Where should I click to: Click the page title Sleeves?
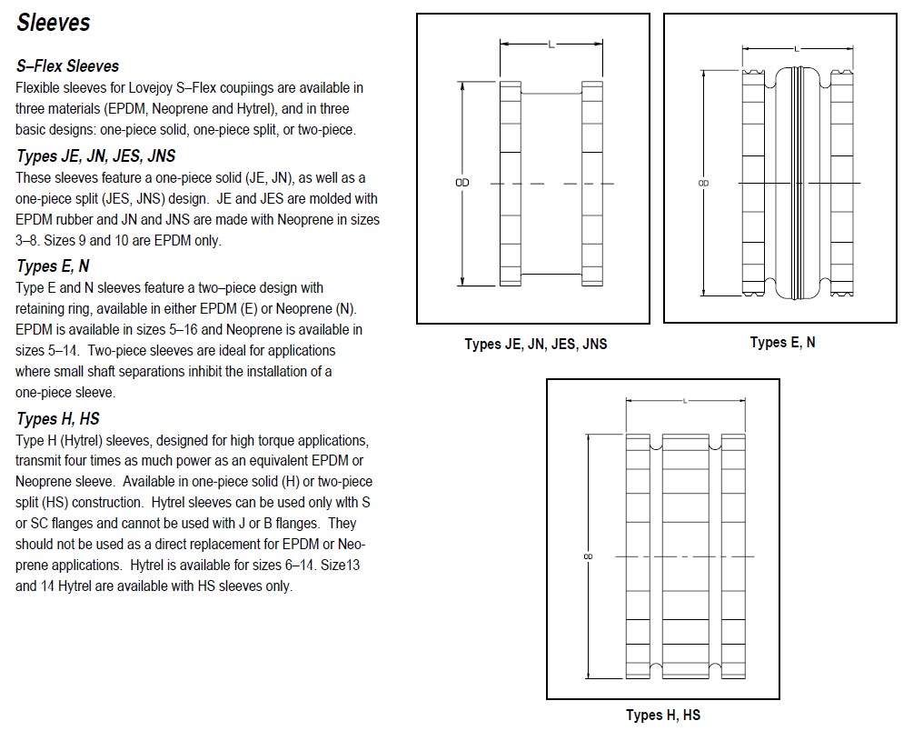[53, 23]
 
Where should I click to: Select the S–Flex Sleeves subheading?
[67, 66]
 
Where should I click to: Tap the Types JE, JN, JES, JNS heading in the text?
[96, 156]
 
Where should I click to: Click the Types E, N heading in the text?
[53, 266]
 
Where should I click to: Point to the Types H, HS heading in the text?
[58, 419]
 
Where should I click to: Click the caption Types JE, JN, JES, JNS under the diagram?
[536, 344]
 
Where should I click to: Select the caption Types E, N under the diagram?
[782, 342]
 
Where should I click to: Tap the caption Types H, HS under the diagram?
[663, 716]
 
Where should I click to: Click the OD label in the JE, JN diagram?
[462, 183]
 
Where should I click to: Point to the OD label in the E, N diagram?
[703, 183]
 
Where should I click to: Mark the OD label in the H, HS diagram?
[588, 556]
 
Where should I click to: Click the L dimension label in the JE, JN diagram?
[551, 45]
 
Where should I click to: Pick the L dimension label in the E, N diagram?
[797, 49]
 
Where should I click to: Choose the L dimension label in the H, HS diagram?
[685, 401]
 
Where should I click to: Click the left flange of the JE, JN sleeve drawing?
[511, 184]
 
